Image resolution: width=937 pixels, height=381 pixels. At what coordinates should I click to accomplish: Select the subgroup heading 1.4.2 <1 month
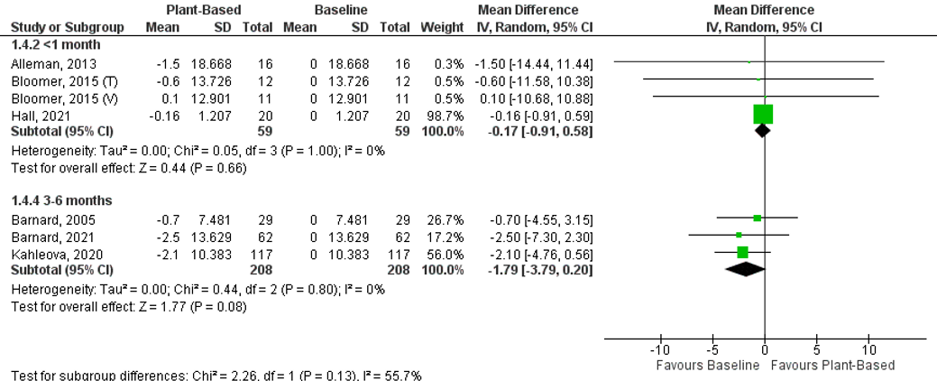tap(56, 44)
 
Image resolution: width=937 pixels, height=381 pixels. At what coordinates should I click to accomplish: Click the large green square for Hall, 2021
tap(763, 114)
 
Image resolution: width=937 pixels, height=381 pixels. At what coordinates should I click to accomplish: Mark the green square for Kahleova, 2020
tap(742, 253)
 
